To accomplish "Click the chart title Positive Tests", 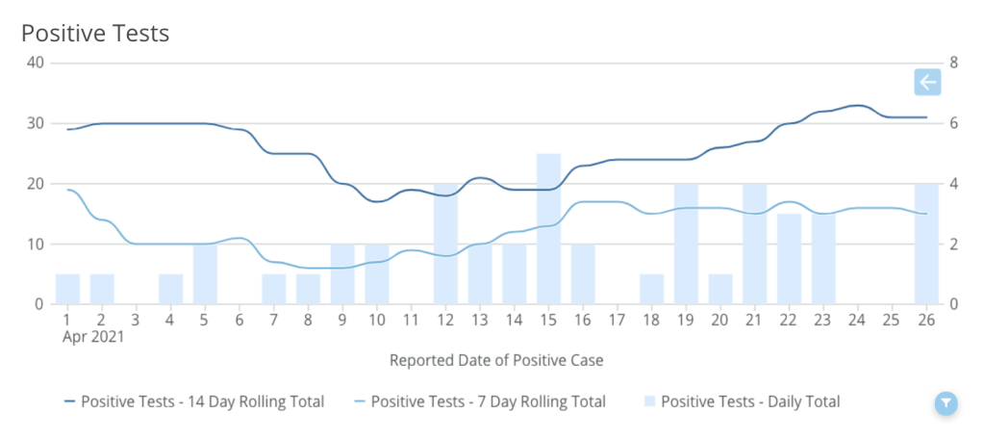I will [95, 34].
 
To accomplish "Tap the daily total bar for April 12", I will [445, 245].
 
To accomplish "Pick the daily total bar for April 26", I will [926, 245].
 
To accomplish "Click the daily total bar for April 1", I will [67, 290].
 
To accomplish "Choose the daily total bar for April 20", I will [720, 290].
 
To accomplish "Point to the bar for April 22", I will [789, 259].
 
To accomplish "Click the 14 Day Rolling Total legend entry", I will [193, 401].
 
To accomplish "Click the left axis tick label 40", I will [37, 64].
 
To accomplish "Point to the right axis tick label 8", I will [954, 64].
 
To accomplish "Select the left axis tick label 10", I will [37, 245].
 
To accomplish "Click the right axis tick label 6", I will [954, 123].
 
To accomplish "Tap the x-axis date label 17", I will [618, 320].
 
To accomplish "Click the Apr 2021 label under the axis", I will [93, 338].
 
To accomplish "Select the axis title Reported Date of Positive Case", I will [496, 360].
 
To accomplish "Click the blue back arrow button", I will [926, 83].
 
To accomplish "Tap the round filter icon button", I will [946, 403].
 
